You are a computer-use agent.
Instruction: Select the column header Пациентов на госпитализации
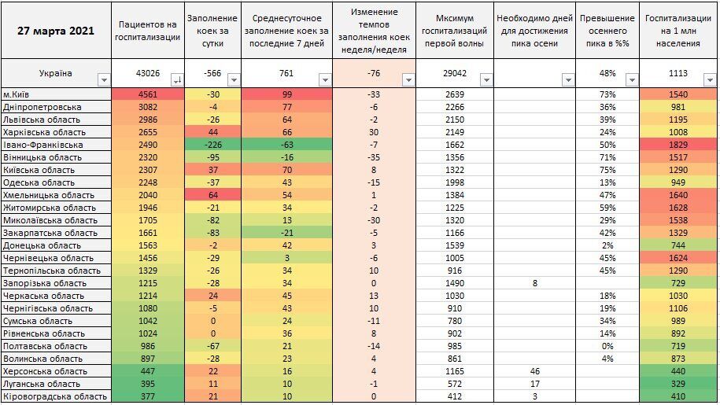tap(147, 30)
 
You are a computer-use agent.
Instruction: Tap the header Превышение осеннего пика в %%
tap(607, 30)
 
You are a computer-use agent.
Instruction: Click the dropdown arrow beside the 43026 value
tap(176, 79)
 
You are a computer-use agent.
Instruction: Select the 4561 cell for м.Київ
tap(147, 94)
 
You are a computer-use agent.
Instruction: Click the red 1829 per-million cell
tap(678, 145)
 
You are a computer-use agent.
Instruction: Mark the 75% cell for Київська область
tap(607, 170)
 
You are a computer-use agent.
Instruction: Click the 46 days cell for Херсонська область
tap(534, 371)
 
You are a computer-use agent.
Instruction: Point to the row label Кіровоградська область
tap(54, 396)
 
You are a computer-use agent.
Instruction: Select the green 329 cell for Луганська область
tap(678, 384)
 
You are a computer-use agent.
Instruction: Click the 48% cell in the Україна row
tap(607, 73)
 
